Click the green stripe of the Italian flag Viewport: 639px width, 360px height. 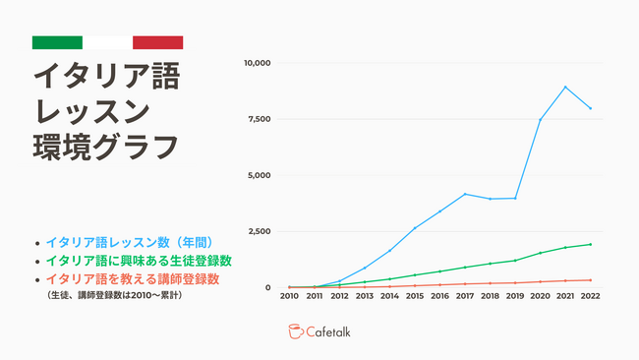57,42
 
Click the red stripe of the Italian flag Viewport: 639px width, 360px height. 157,42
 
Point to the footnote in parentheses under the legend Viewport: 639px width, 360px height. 113,294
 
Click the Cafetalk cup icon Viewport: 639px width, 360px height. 296,331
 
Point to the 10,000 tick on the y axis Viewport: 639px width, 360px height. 257,63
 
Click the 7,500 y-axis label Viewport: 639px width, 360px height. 259,119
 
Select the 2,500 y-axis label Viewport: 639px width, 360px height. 259,232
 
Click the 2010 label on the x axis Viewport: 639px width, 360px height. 289,296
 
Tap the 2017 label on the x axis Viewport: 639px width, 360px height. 464,296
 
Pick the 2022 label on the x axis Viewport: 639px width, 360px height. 590,296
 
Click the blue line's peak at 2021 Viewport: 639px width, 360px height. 565,87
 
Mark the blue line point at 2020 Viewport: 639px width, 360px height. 540,120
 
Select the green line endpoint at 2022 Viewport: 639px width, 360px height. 590,244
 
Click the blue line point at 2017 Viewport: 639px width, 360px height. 464,194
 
